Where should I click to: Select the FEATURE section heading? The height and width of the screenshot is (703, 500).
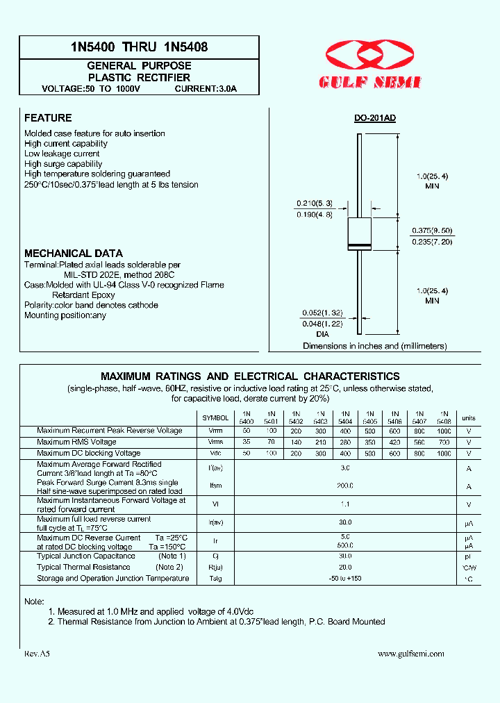[48, 118]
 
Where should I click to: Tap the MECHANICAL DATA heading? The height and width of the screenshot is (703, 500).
[74, 254]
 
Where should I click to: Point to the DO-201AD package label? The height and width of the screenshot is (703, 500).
[375, 118]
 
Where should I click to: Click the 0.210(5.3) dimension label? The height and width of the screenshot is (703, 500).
[315, 203]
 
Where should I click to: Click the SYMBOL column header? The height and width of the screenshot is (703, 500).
[215, 418]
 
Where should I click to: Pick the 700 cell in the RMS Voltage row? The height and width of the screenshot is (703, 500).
[444, 442]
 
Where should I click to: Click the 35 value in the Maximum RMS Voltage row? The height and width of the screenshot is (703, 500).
[247, 442]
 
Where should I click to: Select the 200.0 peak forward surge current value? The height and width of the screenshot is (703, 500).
[346, 487]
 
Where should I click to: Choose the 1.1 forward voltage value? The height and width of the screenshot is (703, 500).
[346, 505]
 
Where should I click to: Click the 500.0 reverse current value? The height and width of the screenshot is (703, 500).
[346, 547]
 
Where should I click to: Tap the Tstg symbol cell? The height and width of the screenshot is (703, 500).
[215, 579]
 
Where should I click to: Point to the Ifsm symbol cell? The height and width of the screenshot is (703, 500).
[215, 487]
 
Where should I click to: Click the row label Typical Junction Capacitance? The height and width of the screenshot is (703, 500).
[86, 556]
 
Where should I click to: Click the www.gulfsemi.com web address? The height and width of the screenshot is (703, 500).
[411, 654]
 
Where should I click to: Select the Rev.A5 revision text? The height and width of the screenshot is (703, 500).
[37, 654]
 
